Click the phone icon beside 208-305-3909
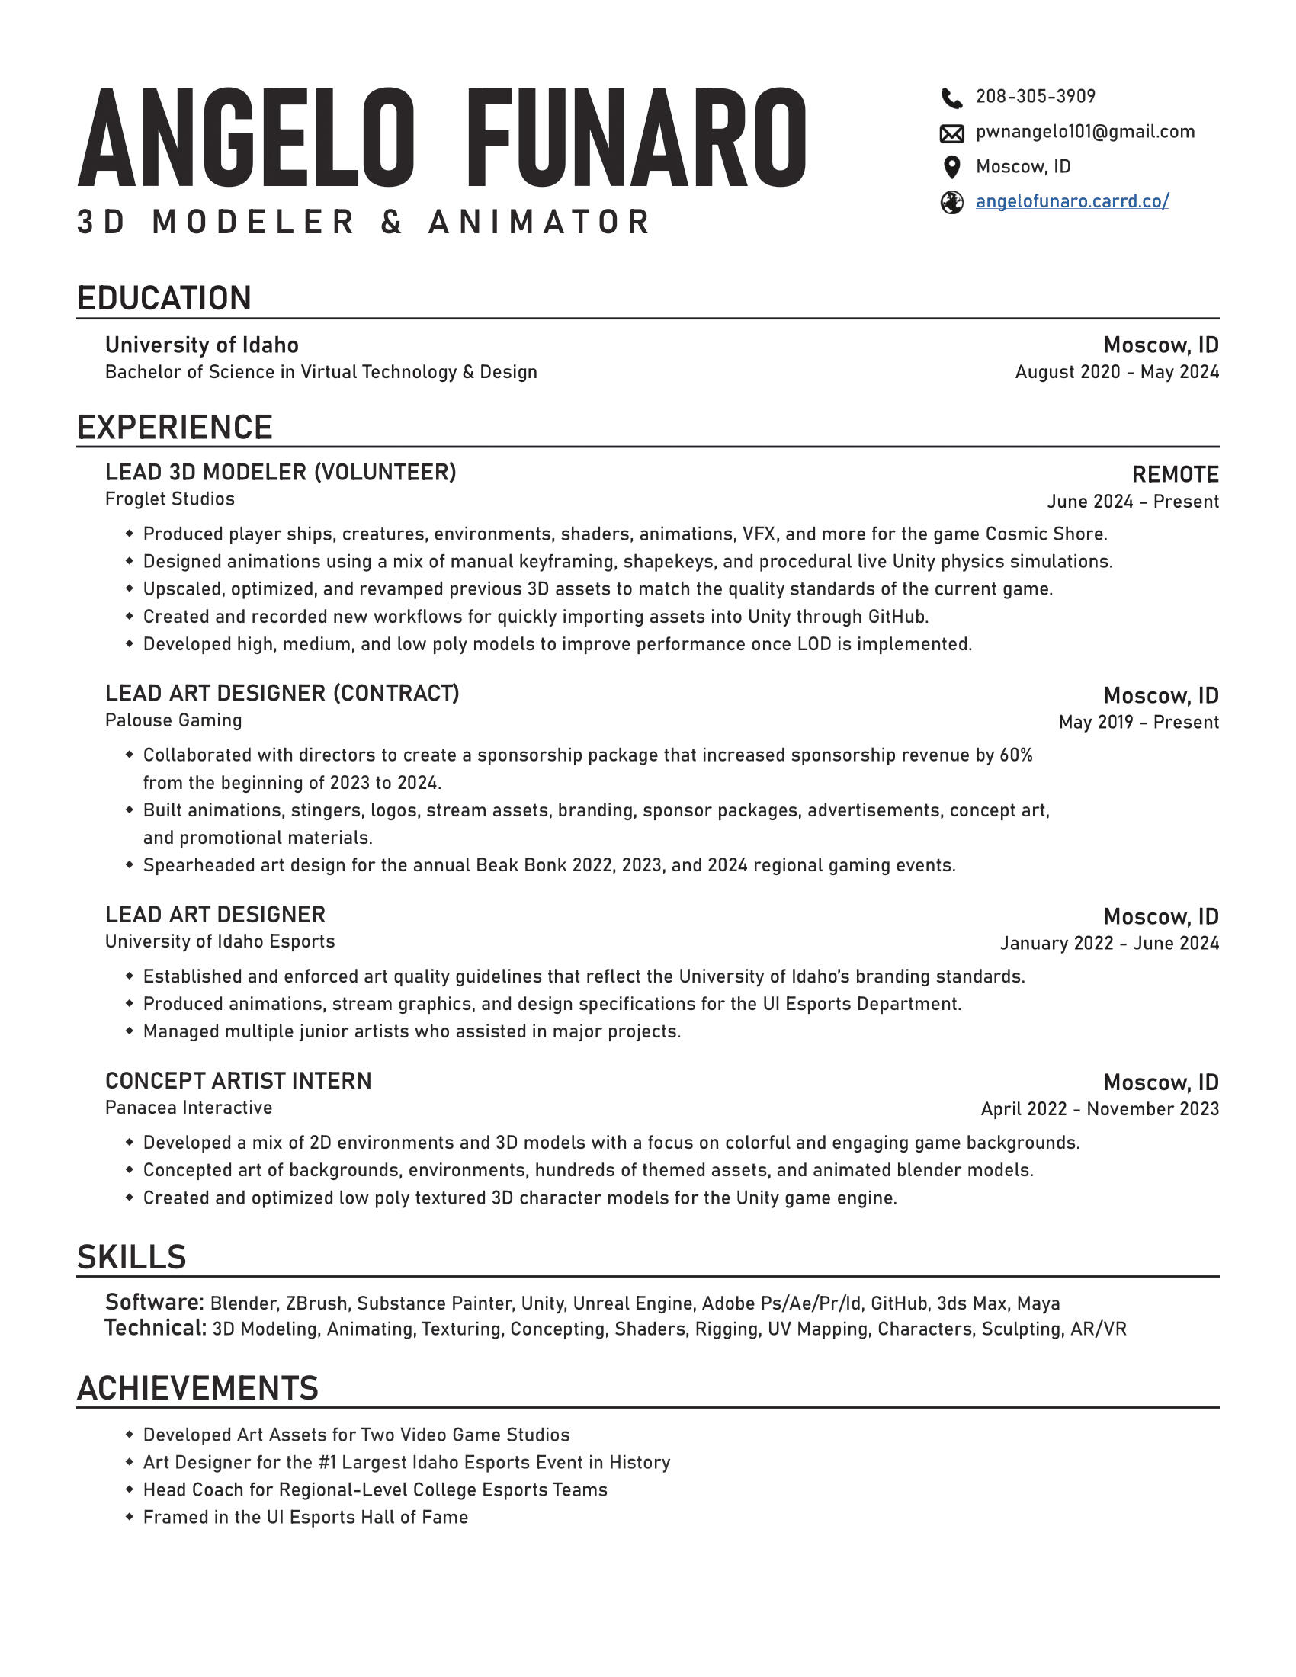click(x=951, y=98)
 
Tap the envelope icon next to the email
click(x=951, y=133)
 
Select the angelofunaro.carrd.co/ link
click(x=1072, y=201)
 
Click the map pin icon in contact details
click(x=951, y=168)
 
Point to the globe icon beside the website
click(x=951, y=203)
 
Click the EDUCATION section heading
click(x=165, y=298)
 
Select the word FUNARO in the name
click(x=636, y=139)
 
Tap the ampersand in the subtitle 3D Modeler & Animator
click(x=392, y=222)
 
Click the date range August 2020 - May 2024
click(x=1116, y=373)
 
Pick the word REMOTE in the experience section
click(x=1175, y=475)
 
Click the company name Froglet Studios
click(x=170, y=499)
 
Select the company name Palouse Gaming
click(x=174, y=720)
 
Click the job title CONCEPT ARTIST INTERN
click(x=238, y=1081)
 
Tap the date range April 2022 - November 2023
click(x=1099, y=1109)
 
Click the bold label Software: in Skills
click(x=154, y=1302)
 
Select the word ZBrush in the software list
click(x=316, y=1303)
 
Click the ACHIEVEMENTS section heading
click(x=197, y=1388)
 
